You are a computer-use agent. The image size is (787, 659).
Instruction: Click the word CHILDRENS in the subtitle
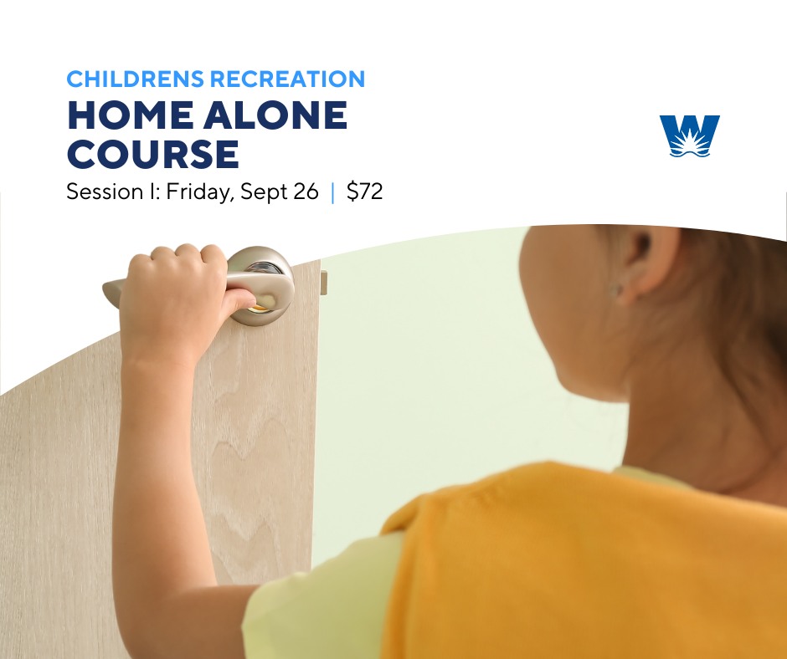click(x=136, y=79)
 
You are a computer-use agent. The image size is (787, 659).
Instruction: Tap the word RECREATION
click(x=288, y=79)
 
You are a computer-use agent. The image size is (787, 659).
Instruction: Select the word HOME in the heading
click(x=130, y=115)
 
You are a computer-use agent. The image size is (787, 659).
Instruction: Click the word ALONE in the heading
click(x=275, y=115)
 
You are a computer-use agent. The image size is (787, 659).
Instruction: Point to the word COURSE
click(x=153, y=154)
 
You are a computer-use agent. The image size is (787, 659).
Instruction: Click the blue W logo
click(x=690, y=135)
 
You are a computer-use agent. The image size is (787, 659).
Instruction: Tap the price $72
click(x=364, y=191)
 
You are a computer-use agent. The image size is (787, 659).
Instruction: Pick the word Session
click(x=105, y=191)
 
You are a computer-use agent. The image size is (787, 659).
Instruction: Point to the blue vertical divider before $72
click(x=332, y=192)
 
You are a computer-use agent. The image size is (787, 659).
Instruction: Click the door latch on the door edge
click(x=324, y=283)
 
